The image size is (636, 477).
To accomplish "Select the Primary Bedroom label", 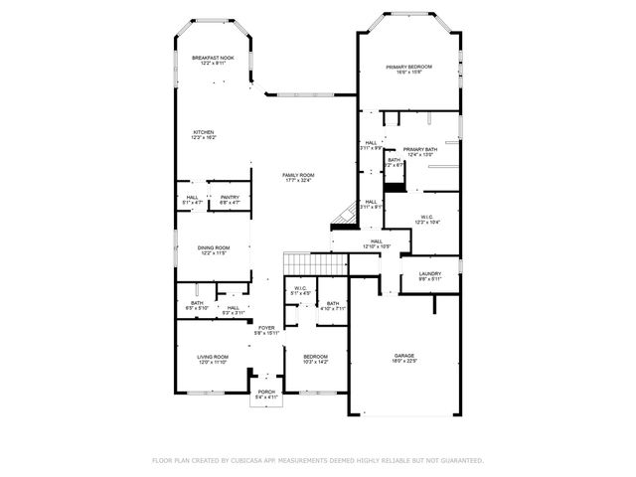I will click(409, 69).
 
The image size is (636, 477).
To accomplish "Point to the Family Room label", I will click(298, 178).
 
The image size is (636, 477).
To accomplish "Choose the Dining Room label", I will click(213, 250).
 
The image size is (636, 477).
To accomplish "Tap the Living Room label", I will click(212, 360).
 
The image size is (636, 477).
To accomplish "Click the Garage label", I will click(403, 358).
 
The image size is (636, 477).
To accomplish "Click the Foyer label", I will click(266, 330).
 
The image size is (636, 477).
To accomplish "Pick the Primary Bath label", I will click(419, 151).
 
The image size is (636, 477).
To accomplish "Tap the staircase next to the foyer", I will click(315, 262).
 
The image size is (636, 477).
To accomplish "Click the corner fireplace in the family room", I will click(344, 213).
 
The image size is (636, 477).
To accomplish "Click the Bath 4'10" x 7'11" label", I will click(333, 306).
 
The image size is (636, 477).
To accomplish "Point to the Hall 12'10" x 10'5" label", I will click(377, 243).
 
